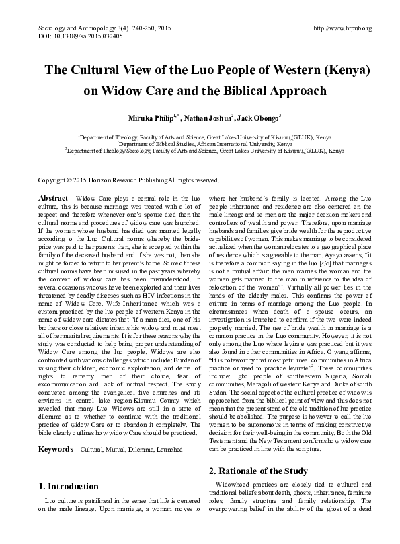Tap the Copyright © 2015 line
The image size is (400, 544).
128,180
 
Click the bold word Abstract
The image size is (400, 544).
53,199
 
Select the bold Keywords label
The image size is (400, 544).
56,430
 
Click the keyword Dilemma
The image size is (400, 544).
138,430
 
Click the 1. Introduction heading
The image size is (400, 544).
69,467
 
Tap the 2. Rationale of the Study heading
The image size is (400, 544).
259,452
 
